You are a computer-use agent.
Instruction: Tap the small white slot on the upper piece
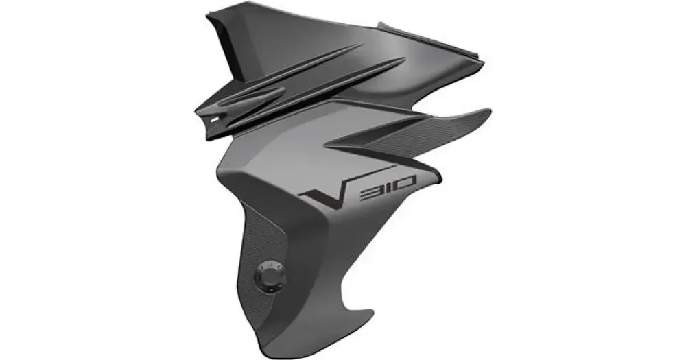(x=214, y=118)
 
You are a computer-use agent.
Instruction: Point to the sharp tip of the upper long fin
(x=362, y=45)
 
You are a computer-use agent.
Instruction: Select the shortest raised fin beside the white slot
(x=252, y=95)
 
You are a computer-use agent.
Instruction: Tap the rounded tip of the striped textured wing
(x=488, y=113)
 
